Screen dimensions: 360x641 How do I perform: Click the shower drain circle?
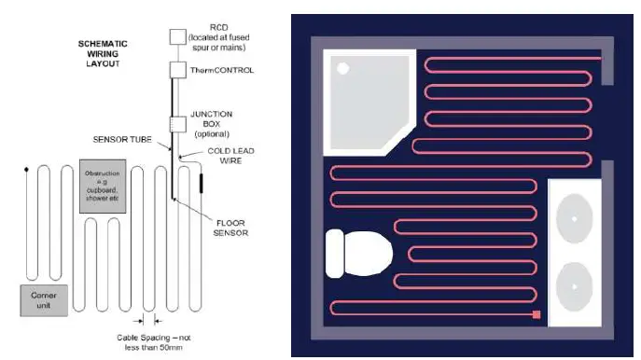point(342,68)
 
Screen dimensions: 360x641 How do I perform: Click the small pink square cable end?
point(536,314)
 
